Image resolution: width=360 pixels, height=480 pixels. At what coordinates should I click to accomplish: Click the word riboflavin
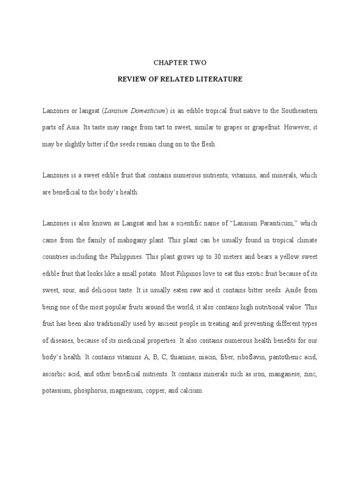tap(249, 357)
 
